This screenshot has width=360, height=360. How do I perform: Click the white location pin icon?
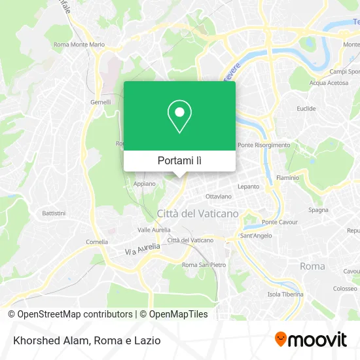click(x=179, y=117)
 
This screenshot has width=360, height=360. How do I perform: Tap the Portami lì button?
click(x=179, y=160)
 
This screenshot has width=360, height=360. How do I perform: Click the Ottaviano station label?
click(x=219, y=196)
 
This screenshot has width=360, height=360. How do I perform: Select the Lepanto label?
click(x=248, y=187)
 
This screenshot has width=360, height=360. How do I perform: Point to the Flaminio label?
click(x=288, y=177)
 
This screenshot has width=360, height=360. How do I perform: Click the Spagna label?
click(x=318, y=210)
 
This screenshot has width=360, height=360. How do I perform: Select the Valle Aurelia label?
click(x=154, y=230)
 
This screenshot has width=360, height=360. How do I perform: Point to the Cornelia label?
click(x=97, y=242)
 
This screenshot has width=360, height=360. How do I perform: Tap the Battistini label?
click(x=54, y=213)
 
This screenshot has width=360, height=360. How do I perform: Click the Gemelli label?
click(x=100, y=103)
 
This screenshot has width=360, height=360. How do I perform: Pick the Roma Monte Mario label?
click(x=79, y=45)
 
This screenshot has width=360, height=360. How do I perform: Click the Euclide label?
click(x=306, y=109)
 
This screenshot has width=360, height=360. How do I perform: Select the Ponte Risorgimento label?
click(x=264, y=145)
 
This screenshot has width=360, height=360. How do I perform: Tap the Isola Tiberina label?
click(x=285, y=294)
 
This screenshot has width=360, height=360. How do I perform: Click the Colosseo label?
click(x=344, y=288)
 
